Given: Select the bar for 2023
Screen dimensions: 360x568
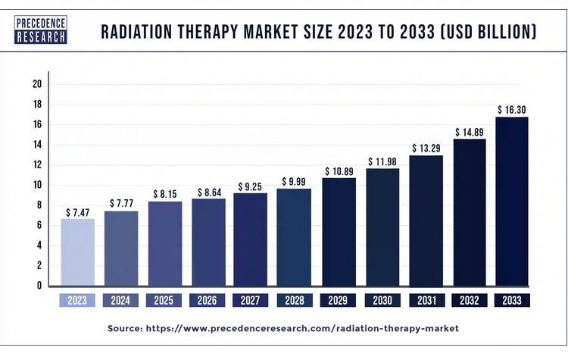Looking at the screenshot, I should pos(78,252).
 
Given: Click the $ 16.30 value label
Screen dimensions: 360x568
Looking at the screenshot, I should pos(512,110).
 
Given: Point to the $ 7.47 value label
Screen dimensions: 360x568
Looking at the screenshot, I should pos(78,212).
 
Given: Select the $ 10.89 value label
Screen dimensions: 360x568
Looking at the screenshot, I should pos(339,171).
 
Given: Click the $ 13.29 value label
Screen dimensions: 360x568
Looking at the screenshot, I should pos(426,147).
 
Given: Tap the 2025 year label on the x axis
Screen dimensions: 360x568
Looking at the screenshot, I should pos(164,300).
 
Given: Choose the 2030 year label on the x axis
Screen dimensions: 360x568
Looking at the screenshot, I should pos(382,300).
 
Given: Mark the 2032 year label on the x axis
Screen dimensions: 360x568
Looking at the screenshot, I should pos(469,300).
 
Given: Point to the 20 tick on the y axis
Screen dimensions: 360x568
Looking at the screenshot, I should pos(36,84).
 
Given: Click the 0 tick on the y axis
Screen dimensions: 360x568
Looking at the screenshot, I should pos(39,286).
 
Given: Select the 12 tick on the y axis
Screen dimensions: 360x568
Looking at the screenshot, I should pos(36,165).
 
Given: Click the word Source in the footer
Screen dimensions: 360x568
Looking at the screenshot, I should pos(126,329).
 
